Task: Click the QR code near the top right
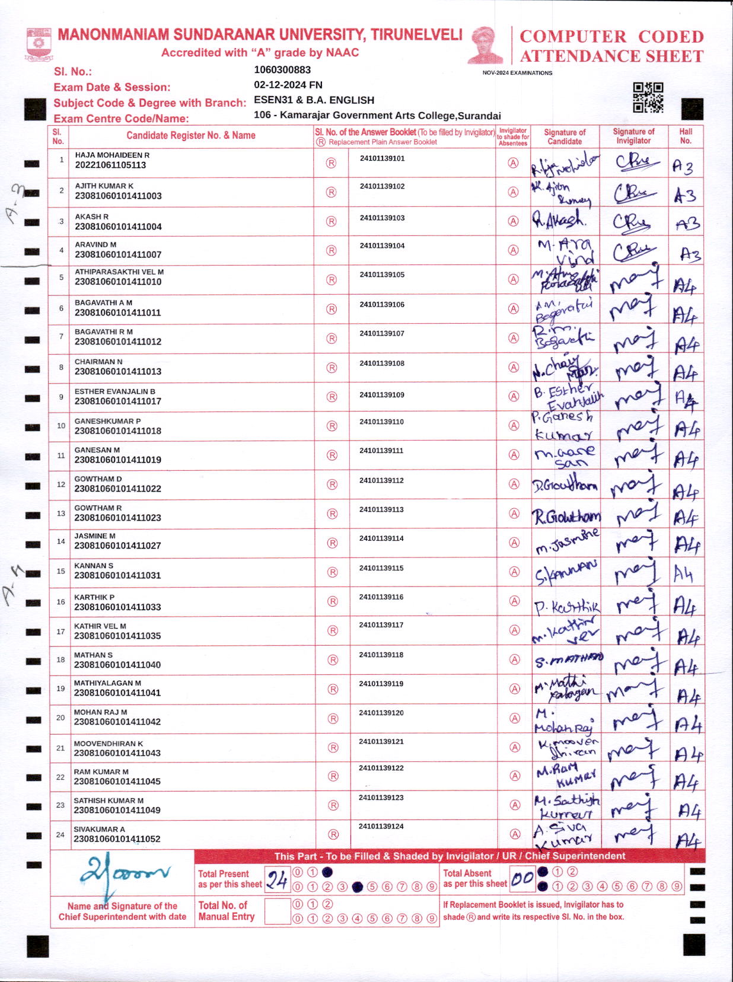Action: (x=648, y=97)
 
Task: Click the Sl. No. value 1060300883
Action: (x=282, y=70)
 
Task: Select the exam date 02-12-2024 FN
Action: (x=288, y=85)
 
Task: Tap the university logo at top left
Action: (x=39, y=44)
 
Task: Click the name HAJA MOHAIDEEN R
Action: (x=112, y=155)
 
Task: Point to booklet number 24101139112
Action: (x=381, y=480)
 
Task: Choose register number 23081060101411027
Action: (x=117, y=546)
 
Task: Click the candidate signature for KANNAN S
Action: (x=565, y=573)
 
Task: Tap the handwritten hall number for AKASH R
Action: (x=687, y=224)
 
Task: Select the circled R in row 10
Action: (x=332, y=426)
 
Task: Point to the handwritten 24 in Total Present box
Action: (x=277, y=879)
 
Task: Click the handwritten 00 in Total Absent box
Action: (x=522, y=878)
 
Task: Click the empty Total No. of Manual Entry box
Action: (x=277, y=911)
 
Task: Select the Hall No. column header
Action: (x=686, y=136)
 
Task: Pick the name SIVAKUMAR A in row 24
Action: (x=99, y=829)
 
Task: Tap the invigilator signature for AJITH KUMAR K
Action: (x=633, y=193)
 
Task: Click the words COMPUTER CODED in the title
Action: (x=611, y=37)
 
